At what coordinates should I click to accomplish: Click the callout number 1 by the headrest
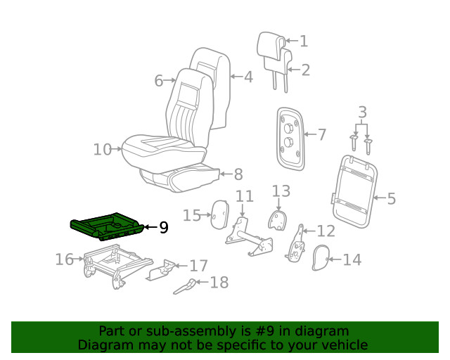(x=303, y=41)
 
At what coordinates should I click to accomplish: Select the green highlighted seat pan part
(x=105, y=228)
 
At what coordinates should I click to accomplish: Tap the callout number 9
(x=163, y=227)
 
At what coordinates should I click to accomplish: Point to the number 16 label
(x=64, y=260)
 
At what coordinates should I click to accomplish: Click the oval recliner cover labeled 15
(x=219, y=214)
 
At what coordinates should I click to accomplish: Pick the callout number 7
(x=321, y=134)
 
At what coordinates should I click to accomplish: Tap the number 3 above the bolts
(x=362, y=112)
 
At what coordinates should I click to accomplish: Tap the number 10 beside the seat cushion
(x=103, y=149)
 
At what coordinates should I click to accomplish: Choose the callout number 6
(x=159, y=81)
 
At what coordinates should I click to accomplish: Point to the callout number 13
(x=281, y=191)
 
